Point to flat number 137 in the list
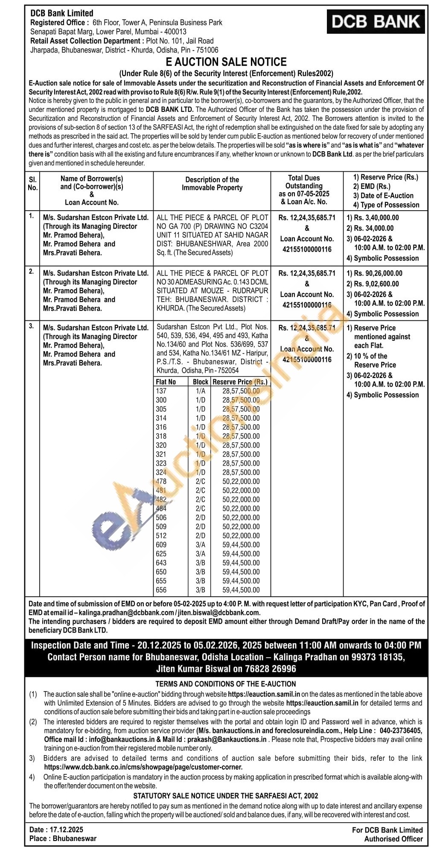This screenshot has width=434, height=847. pos(161,391)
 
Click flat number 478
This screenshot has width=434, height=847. pos(161,481)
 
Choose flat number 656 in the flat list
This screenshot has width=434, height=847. pos(161,590)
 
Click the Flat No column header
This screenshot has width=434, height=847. pos(166,382)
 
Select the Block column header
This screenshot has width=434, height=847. pos(201,382)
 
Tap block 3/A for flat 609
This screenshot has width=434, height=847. pos(201,545)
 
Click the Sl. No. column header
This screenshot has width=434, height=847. pos(32,183)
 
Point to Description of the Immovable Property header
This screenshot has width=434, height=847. pos(212,184)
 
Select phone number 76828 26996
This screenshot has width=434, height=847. pos(267,669)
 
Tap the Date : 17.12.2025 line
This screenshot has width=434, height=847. pos(56,829)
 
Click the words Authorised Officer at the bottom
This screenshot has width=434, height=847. pos(393,838)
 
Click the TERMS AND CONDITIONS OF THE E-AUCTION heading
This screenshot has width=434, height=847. pos(226,684)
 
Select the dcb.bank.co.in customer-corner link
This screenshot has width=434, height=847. pos(143,767)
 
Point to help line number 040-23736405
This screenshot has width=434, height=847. pos(401,731)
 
